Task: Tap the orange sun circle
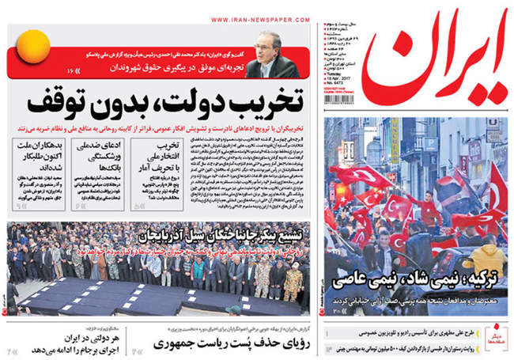36,45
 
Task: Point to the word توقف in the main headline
66,104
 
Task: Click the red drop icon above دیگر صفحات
497,327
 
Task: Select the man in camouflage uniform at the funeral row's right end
292,273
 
